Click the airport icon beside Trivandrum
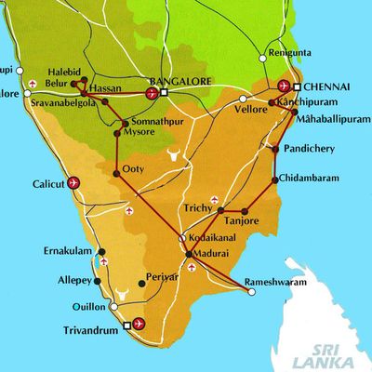(139, 323)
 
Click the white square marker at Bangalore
(164, 93)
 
